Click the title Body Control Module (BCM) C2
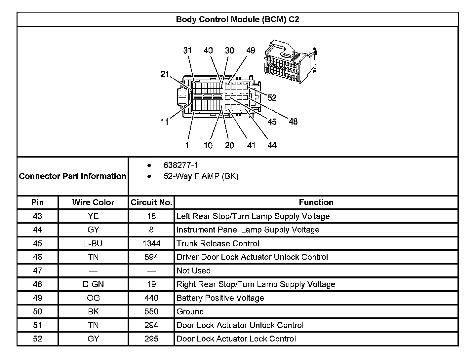237,19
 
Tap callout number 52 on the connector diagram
272,98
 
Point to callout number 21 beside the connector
165,74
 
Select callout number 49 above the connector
251,51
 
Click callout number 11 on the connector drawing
165,122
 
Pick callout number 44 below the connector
272,145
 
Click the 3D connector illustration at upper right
290,61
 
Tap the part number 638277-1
181,165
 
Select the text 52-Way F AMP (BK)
201,176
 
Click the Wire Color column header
93,202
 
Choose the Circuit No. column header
151,202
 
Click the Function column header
316,202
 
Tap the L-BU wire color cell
93,244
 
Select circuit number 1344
151,244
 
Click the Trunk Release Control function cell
218,244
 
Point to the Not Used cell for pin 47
193,271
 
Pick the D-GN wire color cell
93,284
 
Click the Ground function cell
190,312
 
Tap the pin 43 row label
38,216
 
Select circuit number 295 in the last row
151,339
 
